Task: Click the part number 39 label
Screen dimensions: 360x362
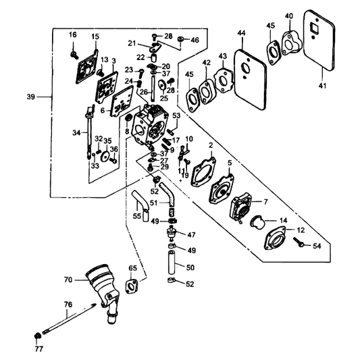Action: tap(30, 97)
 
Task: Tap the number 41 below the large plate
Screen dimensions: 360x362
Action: tap(322, 86)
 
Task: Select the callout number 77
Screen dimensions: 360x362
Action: tap(39, 348)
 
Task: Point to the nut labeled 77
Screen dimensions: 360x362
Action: tap(37, 336)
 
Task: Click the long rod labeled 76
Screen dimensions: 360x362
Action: tap(70, 319)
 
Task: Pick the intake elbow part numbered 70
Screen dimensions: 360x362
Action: tap(103, 291)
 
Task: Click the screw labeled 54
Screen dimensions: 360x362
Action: tap(299, 242)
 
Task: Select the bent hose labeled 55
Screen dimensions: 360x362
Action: tap(141, 206)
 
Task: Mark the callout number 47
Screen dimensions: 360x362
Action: tap(191, 235)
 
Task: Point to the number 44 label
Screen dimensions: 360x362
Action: tap(242, 33)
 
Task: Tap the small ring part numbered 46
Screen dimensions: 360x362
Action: tap(181, 38)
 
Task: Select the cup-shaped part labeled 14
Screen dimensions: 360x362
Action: tap(257, 222)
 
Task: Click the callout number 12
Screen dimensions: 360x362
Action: tap(300, 230)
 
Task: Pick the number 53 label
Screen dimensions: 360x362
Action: tap(176, 115)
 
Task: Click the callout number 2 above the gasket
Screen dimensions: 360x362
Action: tap(211, 145)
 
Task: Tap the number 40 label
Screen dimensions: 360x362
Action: tap(289, 16)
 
